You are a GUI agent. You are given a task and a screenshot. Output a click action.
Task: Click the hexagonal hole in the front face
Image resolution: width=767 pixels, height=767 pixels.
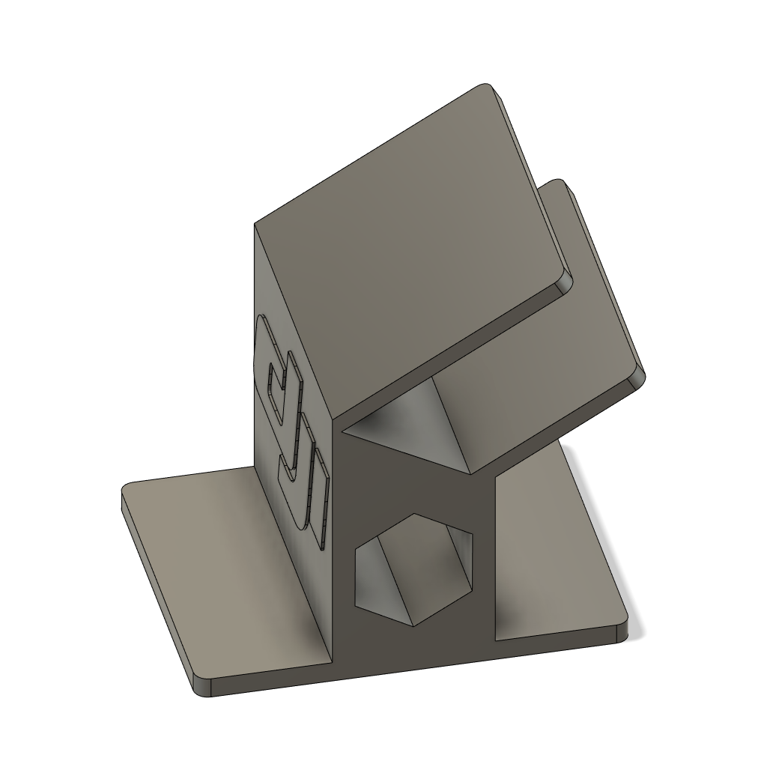(414, 569)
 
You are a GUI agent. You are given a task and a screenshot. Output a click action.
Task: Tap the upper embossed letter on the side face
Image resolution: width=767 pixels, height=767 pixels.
(279, 375)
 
